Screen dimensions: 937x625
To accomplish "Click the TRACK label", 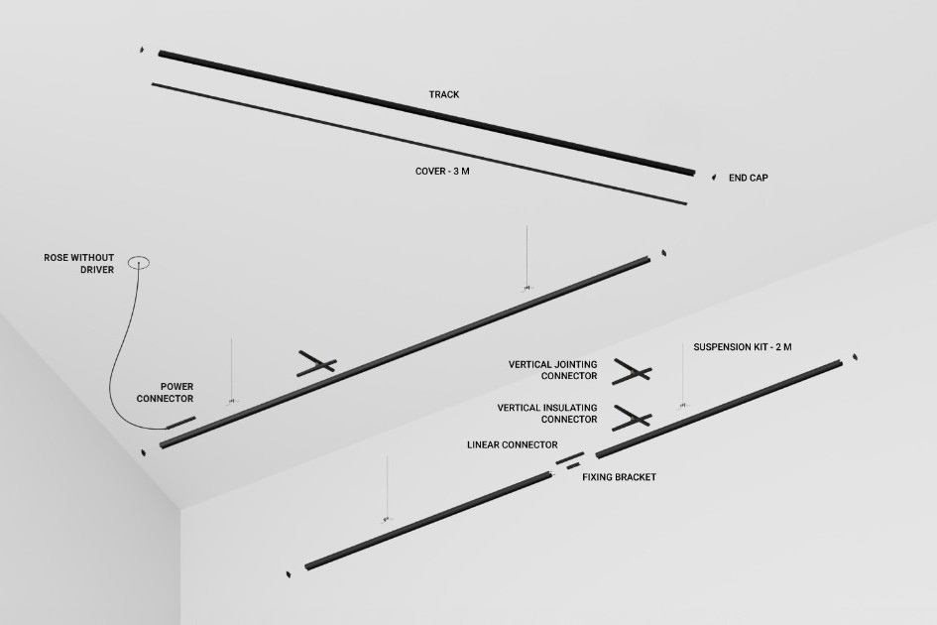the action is (444, 94).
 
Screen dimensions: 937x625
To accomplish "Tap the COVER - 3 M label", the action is (442, 171).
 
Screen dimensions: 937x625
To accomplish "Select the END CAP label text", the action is (749, 178).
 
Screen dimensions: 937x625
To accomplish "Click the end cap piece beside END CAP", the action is (713, 177).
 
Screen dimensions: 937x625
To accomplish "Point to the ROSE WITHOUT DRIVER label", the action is (79, 264).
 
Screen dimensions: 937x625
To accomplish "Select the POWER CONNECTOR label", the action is (165, 392).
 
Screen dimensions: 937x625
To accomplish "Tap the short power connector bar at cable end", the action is (180, 423).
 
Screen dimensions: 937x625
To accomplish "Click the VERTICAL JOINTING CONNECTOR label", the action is (552, 370).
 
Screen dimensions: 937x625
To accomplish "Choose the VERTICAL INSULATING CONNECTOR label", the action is (547, 414).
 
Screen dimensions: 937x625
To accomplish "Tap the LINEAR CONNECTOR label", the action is (512, 445).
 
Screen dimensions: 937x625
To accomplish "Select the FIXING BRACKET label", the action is (619, 477).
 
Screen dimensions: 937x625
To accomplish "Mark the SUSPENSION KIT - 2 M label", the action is (743, 347).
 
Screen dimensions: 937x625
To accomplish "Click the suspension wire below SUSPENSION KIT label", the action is (683, 376).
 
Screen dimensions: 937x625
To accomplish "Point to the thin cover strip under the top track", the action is (418, 144).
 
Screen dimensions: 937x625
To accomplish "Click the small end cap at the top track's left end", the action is (142, 50).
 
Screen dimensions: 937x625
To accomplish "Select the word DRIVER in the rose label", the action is (97, 270).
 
